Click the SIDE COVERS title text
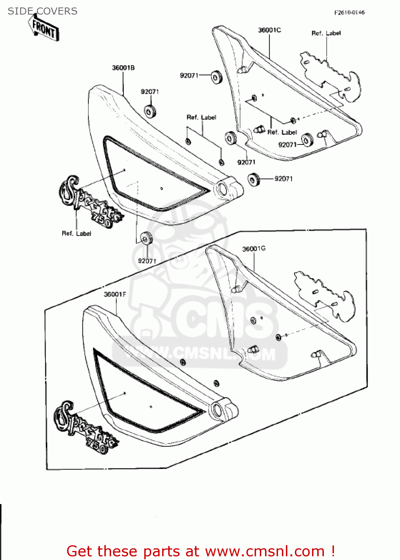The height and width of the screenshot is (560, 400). pos(42,11)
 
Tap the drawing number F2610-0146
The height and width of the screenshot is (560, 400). pos(349,12)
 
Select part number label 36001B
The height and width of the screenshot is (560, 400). pos(123,68)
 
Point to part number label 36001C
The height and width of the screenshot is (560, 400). pos(270,30)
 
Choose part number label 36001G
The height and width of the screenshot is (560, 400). pos(254,249)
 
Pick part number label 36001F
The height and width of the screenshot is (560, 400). pos(115,294)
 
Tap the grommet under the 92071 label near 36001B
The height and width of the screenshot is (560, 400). pos(150,111)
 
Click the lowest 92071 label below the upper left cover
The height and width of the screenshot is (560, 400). pos(147,261)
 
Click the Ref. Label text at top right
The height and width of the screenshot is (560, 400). pos(326,33)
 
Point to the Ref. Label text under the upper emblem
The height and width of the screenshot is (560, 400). pos(76,233)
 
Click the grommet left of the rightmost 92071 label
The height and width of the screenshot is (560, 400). pos(254,179)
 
